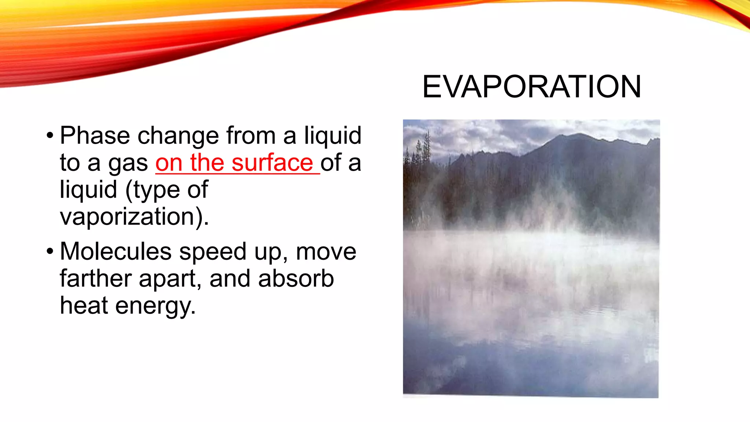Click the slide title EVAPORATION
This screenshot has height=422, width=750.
point(531,87)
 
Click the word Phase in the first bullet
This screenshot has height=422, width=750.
point(95,136)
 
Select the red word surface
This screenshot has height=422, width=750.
point(272,163)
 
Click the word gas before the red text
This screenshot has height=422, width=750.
point(128,163)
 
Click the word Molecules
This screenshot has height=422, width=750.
point(116,252)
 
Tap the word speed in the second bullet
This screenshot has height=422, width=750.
point(212,252)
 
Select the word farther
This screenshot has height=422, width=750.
point(96,279)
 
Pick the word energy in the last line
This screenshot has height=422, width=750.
point(155,306)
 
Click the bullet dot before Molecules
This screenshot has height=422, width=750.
point(50,252)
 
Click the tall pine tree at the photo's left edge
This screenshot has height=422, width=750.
point(427,147)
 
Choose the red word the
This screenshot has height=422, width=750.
point(207,163)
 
